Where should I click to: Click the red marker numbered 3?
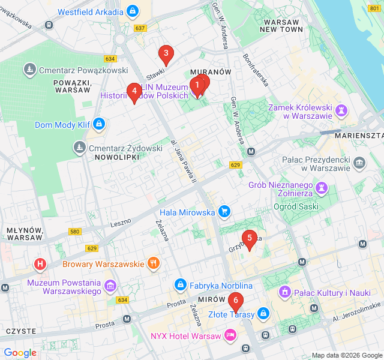pos(166,55)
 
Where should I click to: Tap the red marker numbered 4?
pos(134,92)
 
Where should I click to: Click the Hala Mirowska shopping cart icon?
pos(224,211)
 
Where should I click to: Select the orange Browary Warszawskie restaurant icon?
pos(154,263)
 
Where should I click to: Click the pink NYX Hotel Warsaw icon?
pos(230,334)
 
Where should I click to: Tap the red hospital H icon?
pos(40,263)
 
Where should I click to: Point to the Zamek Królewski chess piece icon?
pos(341,110)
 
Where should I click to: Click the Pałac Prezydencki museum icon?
pos(359,162)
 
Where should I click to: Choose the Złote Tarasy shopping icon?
pos(263,313)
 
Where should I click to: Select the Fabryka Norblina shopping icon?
pos(179,284)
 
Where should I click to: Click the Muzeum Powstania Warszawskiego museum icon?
pos(110,285)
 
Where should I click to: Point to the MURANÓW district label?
pos(210,71)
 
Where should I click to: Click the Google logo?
pos(20,353)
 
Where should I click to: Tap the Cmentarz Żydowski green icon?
pos(79,147)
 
